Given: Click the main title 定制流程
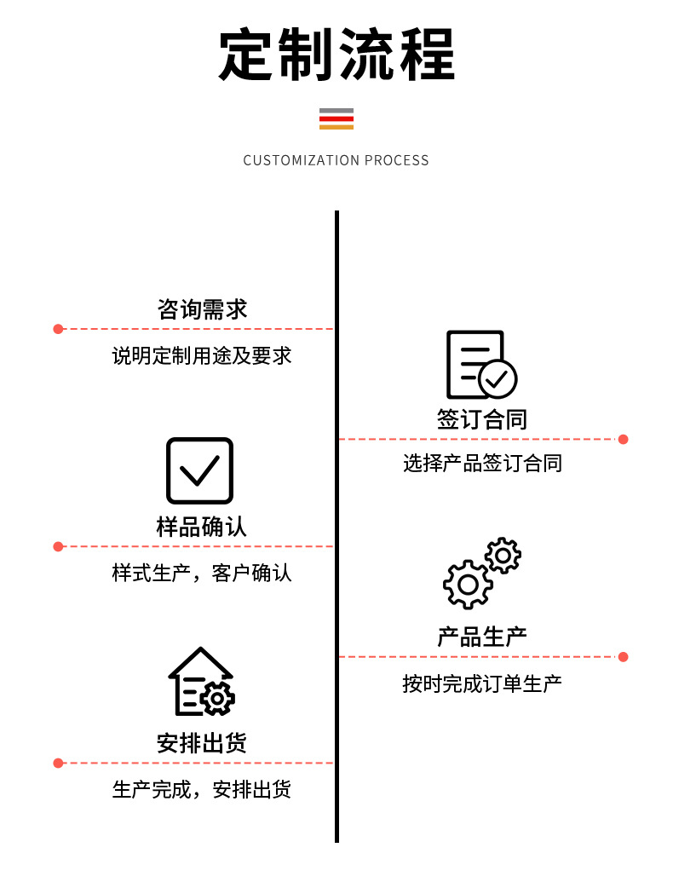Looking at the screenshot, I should click(336, 55).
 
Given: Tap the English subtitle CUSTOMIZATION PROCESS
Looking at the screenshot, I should click(336, 160).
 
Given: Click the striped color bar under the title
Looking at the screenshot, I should click(336, 118).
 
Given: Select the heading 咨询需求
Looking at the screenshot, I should click(202, 308).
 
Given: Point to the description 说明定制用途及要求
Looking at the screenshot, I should click(202, 355).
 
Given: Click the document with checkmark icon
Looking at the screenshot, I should click(480, 365).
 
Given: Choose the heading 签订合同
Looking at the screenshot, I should click(482, 419).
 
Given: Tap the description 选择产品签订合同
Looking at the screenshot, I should click(482, 464).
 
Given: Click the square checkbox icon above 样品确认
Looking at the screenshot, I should click(199, 470).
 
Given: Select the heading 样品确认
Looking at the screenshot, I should click(202, 527).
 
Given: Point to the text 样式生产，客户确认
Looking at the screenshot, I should click(202, 573).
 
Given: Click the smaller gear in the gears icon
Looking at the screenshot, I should click(503, 556).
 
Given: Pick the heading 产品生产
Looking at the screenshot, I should click(482, 637).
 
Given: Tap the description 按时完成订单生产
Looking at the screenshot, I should click(482, 683).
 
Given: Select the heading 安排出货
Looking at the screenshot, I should click(202, 743).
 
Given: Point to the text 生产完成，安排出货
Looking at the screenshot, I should click(202, 789).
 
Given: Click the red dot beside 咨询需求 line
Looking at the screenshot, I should click(58, 329).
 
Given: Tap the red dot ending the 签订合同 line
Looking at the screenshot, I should click(623, 440).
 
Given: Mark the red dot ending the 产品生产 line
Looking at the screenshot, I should click(623, 657).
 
